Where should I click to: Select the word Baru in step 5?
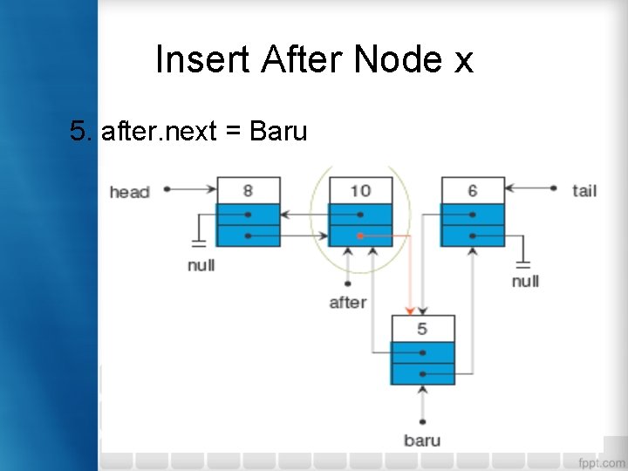[278, 132]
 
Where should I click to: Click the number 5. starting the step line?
[82, 132]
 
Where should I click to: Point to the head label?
[129, 191]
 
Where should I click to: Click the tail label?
[584, 189]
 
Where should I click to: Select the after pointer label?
[348, 303]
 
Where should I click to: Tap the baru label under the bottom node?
[422, 440]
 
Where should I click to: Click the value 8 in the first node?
[249, 190]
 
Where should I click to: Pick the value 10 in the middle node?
[360, 190]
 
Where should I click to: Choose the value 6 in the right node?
[472, 190]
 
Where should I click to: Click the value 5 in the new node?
[422, 329]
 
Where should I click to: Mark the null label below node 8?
[201, 264]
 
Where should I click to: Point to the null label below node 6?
[525, 281]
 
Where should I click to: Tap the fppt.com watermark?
[601, 461]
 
